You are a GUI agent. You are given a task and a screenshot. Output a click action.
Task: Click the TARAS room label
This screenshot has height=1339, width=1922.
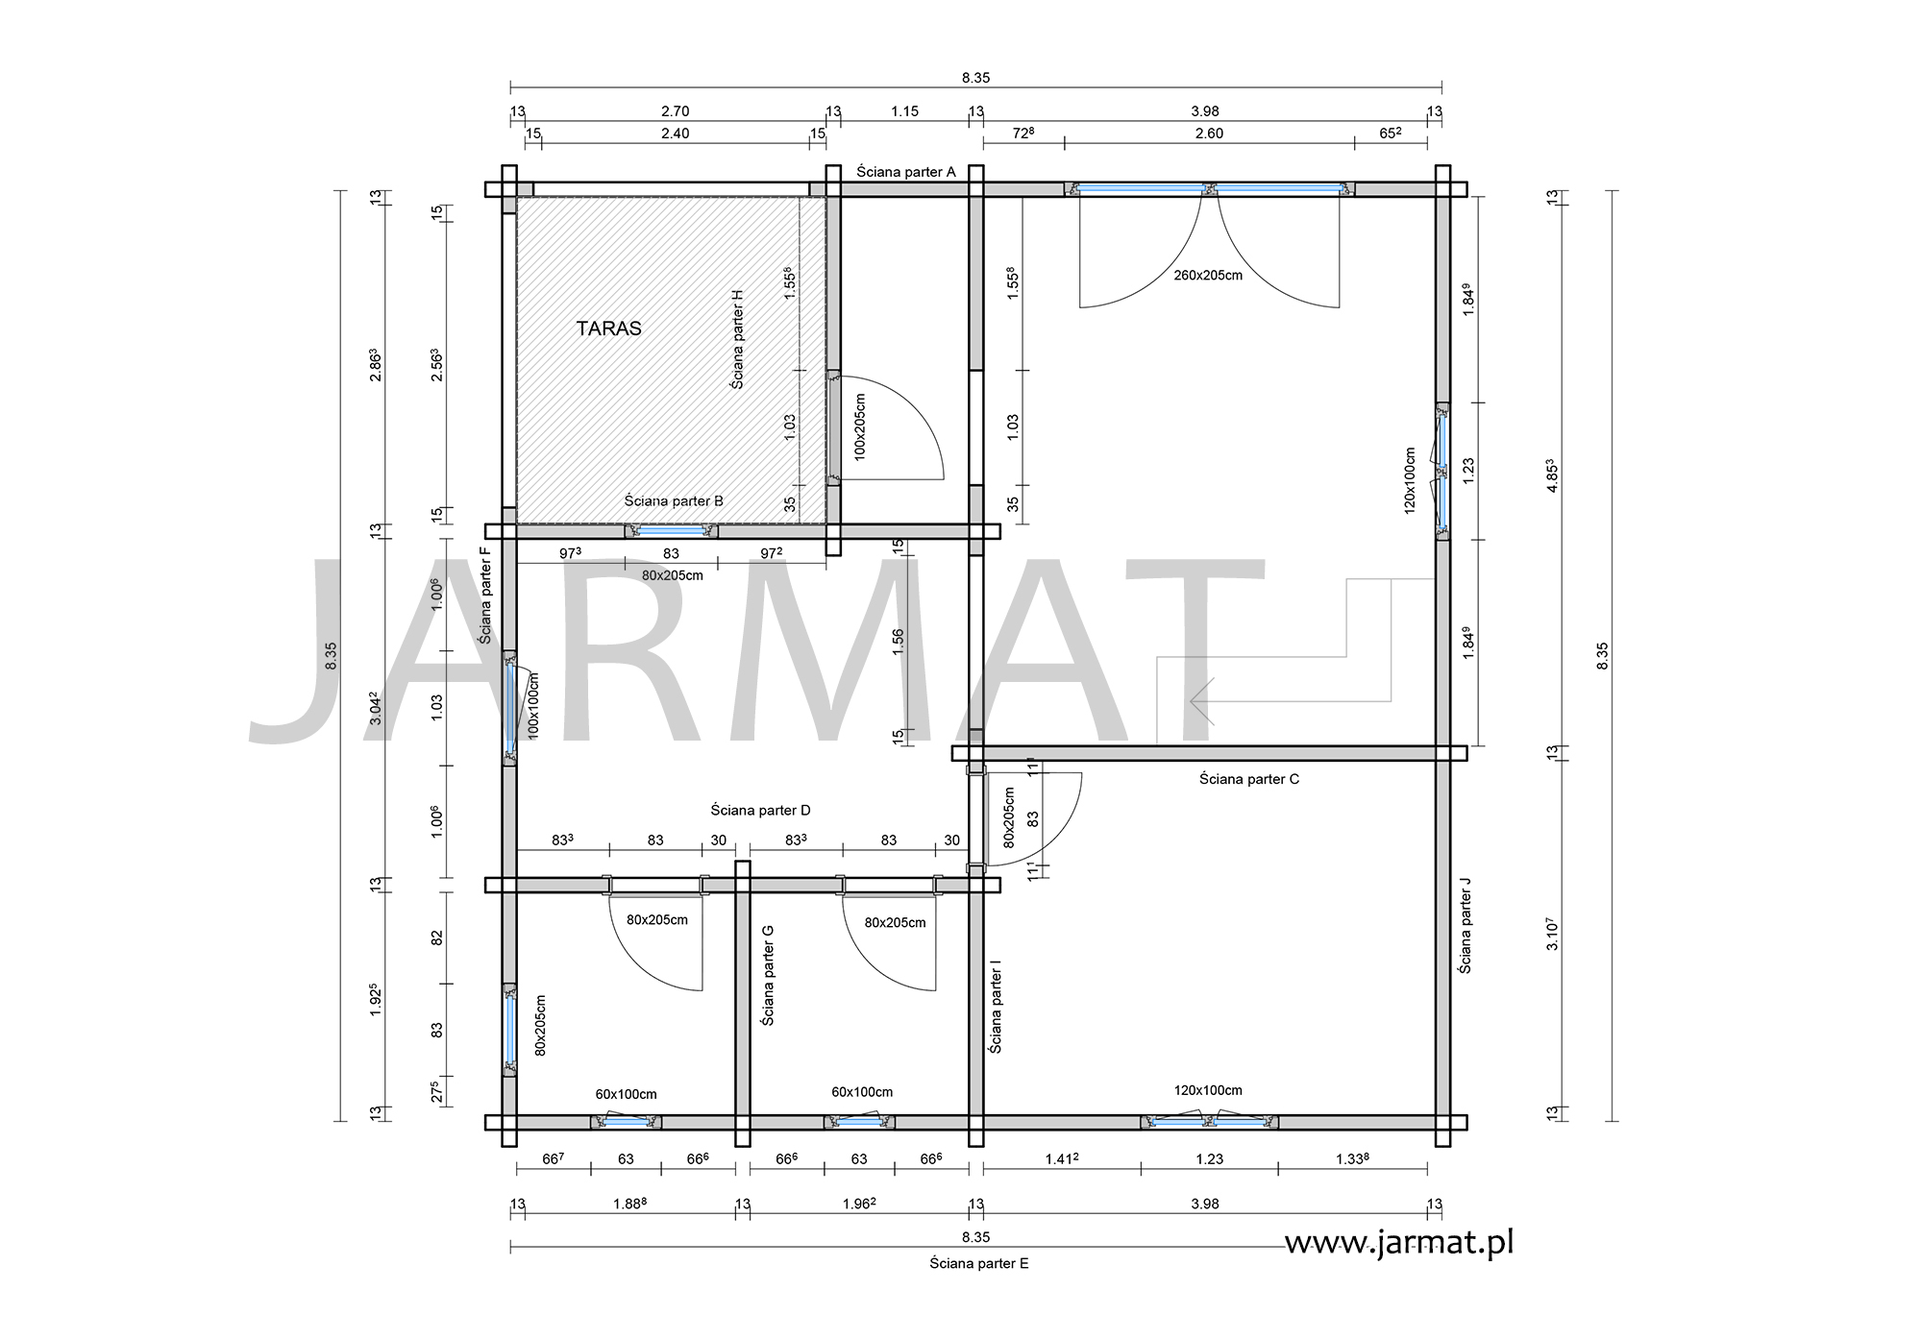coord(608,329)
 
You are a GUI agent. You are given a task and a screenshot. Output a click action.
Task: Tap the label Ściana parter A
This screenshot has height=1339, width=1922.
coord(905,172)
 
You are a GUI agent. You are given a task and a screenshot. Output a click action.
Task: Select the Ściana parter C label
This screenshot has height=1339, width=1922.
coord(1248,779)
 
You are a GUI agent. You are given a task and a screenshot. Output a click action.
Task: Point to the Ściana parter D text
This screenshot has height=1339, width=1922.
coord(760,811)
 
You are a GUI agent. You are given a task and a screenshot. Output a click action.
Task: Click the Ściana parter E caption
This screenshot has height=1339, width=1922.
coord(978,1263)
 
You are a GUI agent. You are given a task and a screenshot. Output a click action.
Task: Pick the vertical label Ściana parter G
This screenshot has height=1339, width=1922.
coord(768,975)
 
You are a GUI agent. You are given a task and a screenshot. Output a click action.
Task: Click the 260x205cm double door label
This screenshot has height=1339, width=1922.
coord(1208,276)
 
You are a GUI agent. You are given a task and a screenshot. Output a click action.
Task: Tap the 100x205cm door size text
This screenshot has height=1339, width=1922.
coord(859,426)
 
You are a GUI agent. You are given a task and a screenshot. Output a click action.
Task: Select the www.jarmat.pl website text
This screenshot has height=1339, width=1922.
coord(1399,1243)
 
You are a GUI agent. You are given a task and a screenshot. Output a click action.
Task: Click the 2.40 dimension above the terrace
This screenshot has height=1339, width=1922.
coord(676,134)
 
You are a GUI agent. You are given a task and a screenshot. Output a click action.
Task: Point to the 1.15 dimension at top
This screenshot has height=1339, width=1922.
coord(904,111)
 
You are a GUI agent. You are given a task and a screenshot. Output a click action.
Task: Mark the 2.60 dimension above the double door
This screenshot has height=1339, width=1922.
coord(1209,134)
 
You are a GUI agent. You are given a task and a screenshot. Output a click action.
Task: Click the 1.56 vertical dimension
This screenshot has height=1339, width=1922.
coord(899,642)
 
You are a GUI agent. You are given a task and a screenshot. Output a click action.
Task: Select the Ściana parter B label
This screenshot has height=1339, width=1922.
coord(674,501)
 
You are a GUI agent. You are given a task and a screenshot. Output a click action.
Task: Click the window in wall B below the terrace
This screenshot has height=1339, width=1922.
coord(671,531)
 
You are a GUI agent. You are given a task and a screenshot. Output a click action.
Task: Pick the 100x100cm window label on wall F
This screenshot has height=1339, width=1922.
coord(533,704)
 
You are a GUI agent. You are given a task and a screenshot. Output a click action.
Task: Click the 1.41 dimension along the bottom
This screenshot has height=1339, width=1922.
coord(1062,1158)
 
